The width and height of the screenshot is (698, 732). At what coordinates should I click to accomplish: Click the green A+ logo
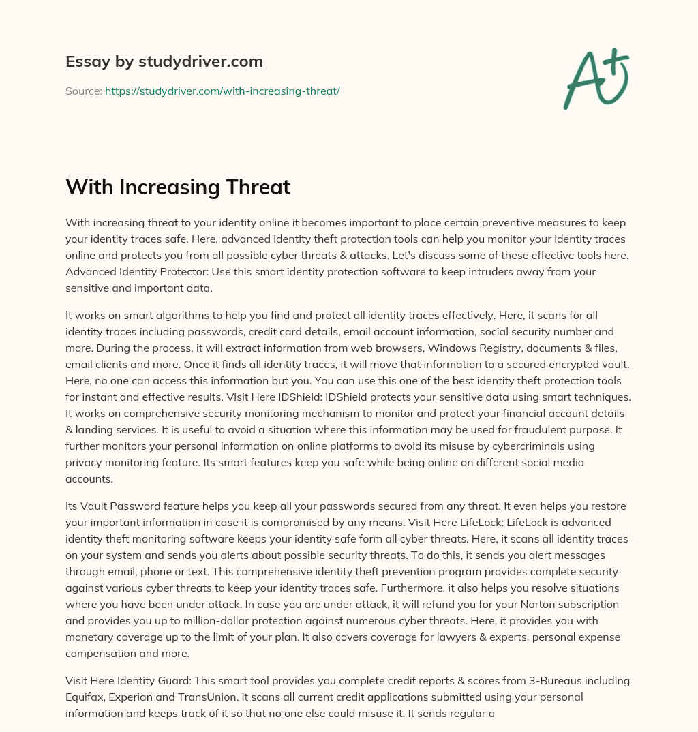(x=596, y=79)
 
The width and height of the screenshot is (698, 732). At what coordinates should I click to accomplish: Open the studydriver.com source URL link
(x=222, y=91)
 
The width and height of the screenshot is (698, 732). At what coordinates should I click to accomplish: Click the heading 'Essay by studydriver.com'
(x=164, y=61)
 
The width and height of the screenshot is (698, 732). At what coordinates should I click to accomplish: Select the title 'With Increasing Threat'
(x=178, y=187)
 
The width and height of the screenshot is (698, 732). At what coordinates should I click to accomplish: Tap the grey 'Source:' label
(x=83, y=91)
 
